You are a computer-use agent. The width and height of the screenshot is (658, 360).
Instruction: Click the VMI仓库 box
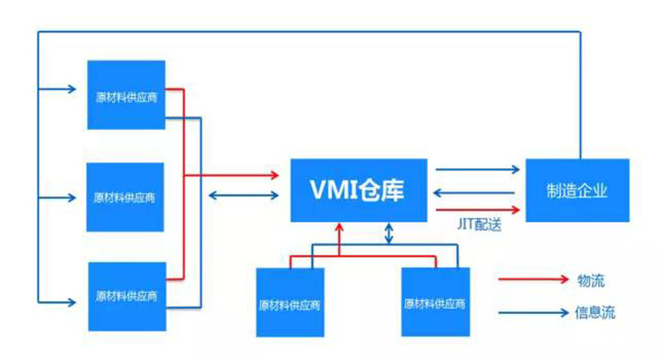pyautogui.click(x=359, y=191)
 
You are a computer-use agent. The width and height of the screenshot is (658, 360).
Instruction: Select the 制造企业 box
pyautogui.click(x=576, y=191)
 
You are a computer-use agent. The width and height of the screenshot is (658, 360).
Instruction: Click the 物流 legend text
pyautogui.click(x=591, y=281)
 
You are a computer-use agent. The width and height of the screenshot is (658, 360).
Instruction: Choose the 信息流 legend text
pyautogui.click(x=596, y=312)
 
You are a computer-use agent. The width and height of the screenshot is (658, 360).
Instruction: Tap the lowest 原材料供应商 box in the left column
pyautogui.click(x=126, y=296)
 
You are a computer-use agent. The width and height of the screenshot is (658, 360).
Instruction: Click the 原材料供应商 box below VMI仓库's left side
pyautogui.click(x=290, y=303)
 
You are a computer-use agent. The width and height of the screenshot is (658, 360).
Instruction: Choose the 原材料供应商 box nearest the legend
pyautogui.click(x=434, y=302)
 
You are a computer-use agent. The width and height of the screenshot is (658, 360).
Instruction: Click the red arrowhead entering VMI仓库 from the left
pyautogui.click(x=275, y=175)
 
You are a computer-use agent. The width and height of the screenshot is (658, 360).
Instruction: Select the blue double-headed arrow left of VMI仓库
pyautogui.click(x=244, y=196)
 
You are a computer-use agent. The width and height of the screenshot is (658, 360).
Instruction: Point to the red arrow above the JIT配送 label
pyautogui.click(x=478, y=209)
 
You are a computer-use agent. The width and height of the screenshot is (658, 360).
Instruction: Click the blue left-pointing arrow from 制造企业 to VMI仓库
pyautogui.click(x=478, y=191)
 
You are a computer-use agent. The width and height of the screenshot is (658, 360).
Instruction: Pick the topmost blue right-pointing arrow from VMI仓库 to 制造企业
pyautogui.click(x=478, y=171)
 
